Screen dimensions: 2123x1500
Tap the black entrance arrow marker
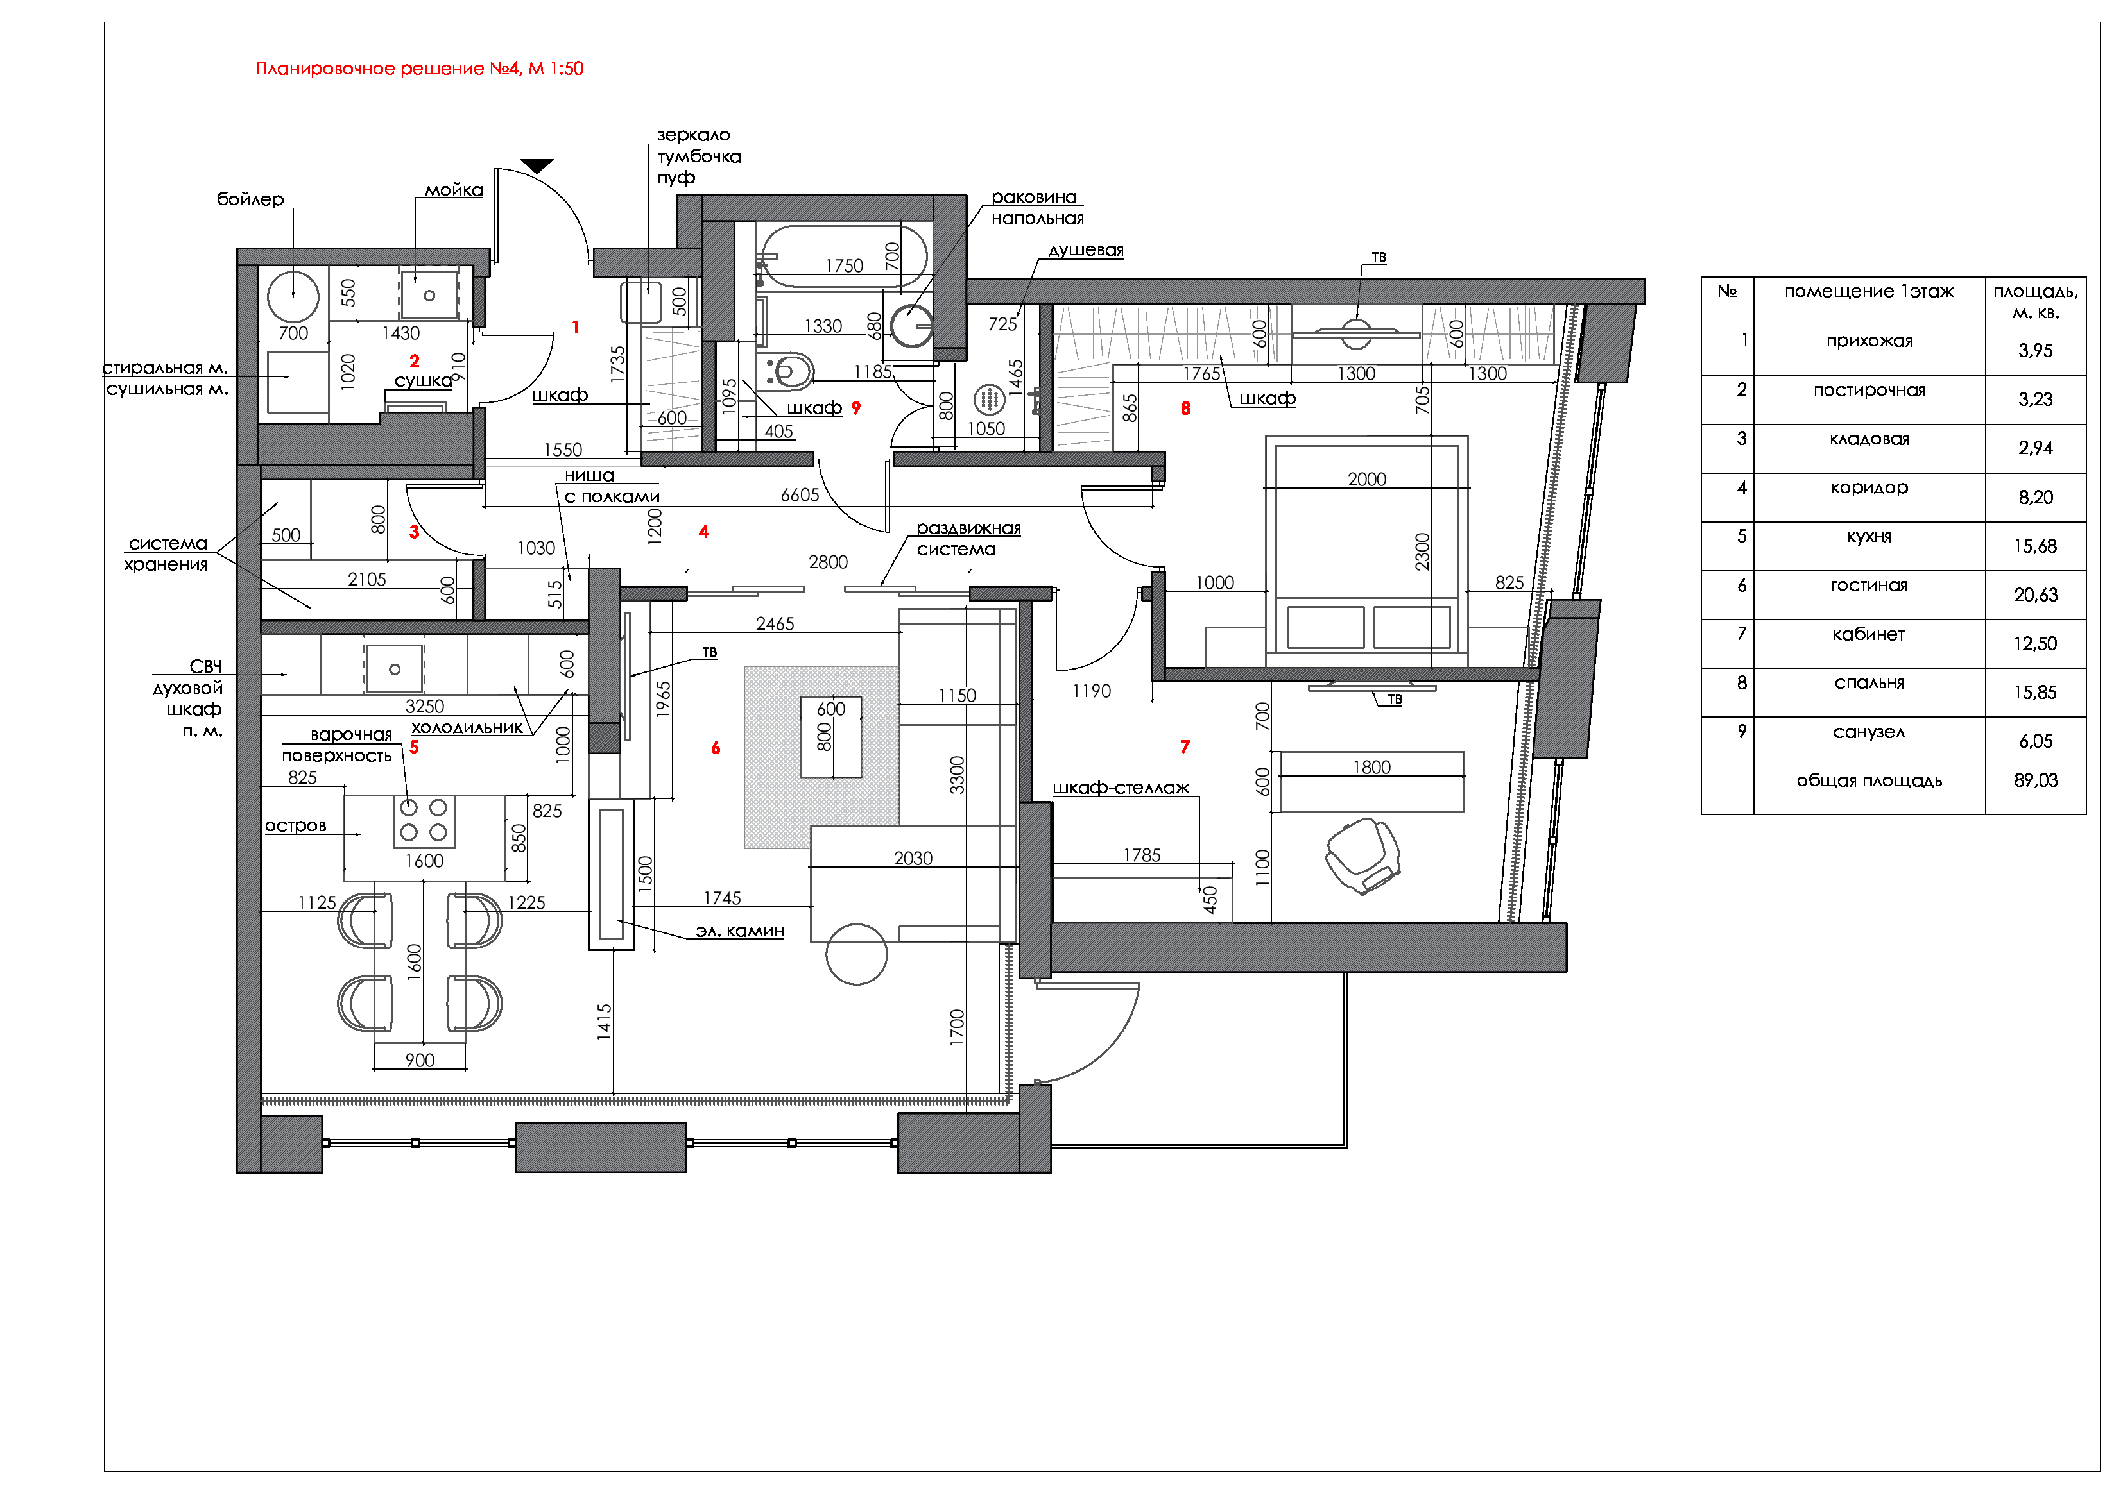[x=537, y=165]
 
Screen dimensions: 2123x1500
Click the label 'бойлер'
[x=250, y=199]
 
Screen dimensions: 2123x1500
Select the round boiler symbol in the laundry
[x=293, y=297]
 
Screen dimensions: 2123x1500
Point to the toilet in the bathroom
[x=789, y=371]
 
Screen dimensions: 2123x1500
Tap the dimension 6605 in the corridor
[x=800, y=495]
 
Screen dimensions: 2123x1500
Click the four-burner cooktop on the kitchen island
[x=424, y=820]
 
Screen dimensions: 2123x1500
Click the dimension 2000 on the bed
[x=1366, y=479]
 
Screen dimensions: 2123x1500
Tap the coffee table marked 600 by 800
[x=830, y=737]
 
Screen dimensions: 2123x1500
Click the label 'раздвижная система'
[x=968, y=538]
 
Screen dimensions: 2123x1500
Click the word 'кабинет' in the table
[x=1869, y=634]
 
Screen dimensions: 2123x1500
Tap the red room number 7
[x=1185, y=746]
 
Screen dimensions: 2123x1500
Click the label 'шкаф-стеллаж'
[x=1121, y=788]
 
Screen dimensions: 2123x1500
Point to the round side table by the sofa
[x=856, y=954]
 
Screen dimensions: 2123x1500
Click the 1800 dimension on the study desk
[x=1371, y=767]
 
